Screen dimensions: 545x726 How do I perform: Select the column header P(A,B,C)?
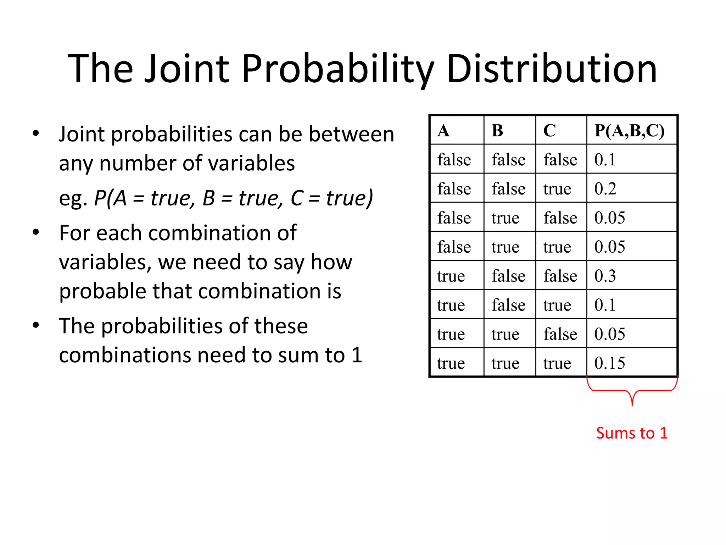click(629, 130)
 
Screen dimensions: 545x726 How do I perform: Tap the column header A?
click(443, 131)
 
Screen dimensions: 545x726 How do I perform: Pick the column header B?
click(497, 131)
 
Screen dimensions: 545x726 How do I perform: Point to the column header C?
click(549, 131)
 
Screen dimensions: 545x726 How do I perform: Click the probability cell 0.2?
click(605, 188)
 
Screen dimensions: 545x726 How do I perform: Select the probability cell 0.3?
click(605, 276)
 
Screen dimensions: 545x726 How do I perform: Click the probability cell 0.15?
click(610, 363)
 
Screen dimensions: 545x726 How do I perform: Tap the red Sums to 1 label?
click(632, 433)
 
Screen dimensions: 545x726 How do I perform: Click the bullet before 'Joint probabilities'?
click(36, 134)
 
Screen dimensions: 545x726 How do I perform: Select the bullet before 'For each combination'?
click(36, 233)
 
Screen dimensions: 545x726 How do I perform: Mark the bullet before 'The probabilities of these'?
click(36, 325)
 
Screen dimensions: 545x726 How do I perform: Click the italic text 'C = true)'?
click(332, 198)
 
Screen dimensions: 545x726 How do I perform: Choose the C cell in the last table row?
click(557, 363)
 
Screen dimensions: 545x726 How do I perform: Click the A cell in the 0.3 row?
click(451, 276)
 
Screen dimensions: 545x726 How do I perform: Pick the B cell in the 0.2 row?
click(508, 188)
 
